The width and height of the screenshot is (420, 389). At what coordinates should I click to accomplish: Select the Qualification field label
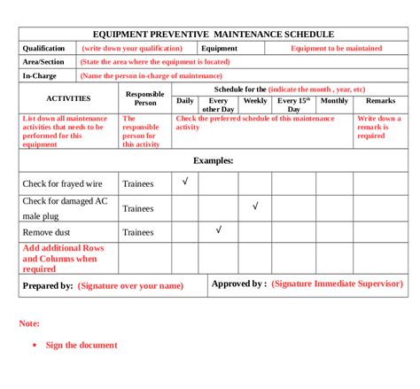click(44, 49)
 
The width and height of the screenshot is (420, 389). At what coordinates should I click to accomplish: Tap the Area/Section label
click(43, 62)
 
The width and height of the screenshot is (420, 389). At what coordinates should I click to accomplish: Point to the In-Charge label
click(40, 76)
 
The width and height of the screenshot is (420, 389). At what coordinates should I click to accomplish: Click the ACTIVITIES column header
click(67, 99)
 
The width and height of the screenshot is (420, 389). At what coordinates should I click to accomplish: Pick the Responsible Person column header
click(144, 98)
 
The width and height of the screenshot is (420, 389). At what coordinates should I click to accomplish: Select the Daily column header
click(185, 101)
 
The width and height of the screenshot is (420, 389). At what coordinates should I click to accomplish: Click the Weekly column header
click(255, 101)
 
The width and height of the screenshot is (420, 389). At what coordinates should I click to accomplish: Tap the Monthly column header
click(334, 101)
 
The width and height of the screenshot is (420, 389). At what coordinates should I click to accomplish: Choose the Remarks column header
click(380, 101)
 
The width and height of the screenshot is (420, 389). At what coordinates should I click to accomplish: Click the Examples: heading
click(213, 160)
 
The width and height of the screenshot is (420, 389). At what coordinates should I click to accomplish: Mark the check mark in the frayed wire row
click(185, 182)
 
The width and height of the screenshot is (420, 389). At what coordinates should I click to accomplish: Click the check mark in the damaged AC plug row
click(255, 206)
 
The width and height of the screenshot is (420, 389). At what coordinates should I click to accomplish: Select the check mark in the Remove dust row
click(219, 230)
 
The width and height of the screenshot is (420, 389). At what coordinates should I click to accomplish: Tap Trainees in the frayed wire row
click(137, 184)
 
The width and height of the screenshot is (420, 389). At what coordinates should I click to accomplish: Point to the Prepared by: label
click(48, 286)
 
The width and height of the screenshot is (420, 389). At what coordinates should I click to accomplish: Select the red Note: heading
click(29, 323)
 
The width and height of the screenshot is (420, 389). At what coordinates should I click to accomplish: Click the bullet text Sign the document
click(82, 345)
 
